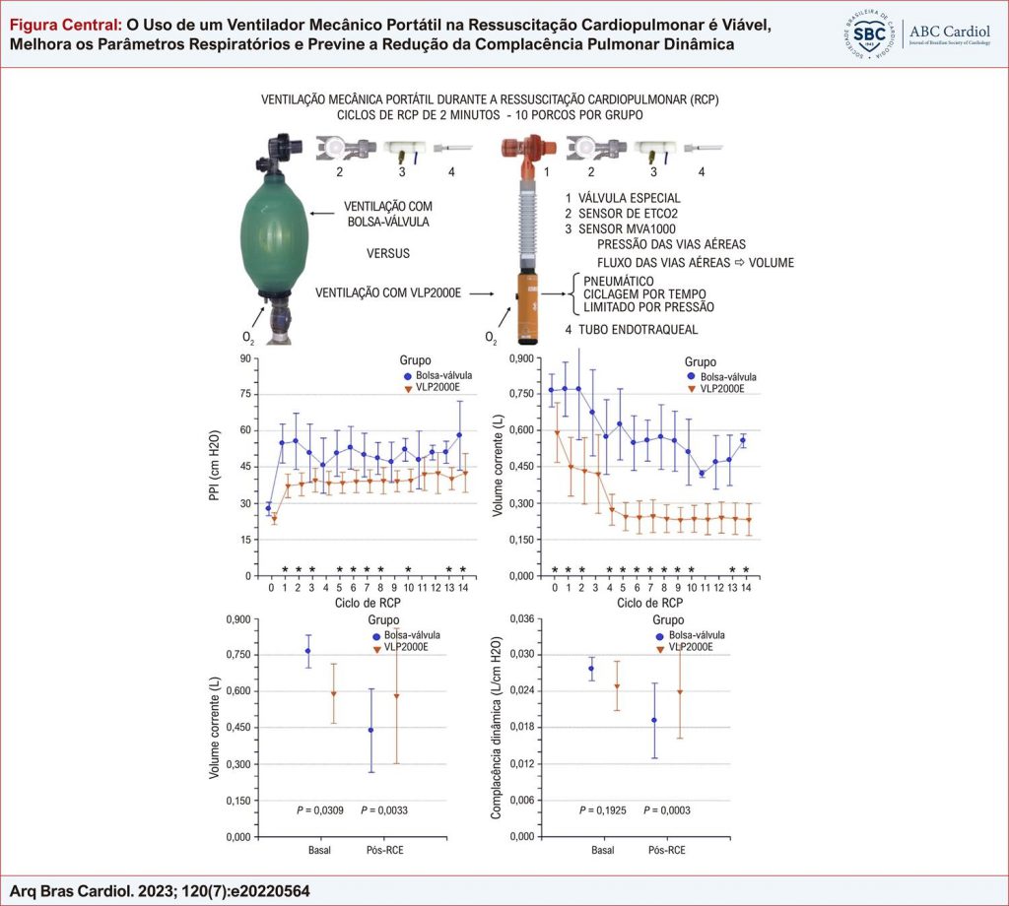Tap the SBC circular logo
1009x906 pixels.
(x=871, y=33)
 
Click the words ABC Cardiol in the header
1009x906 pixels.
(x=952, y=31)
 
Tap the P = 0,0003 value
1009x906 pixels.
(x=667, y=809)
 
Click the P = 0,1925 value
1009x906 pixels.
(x=602, y=809)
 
